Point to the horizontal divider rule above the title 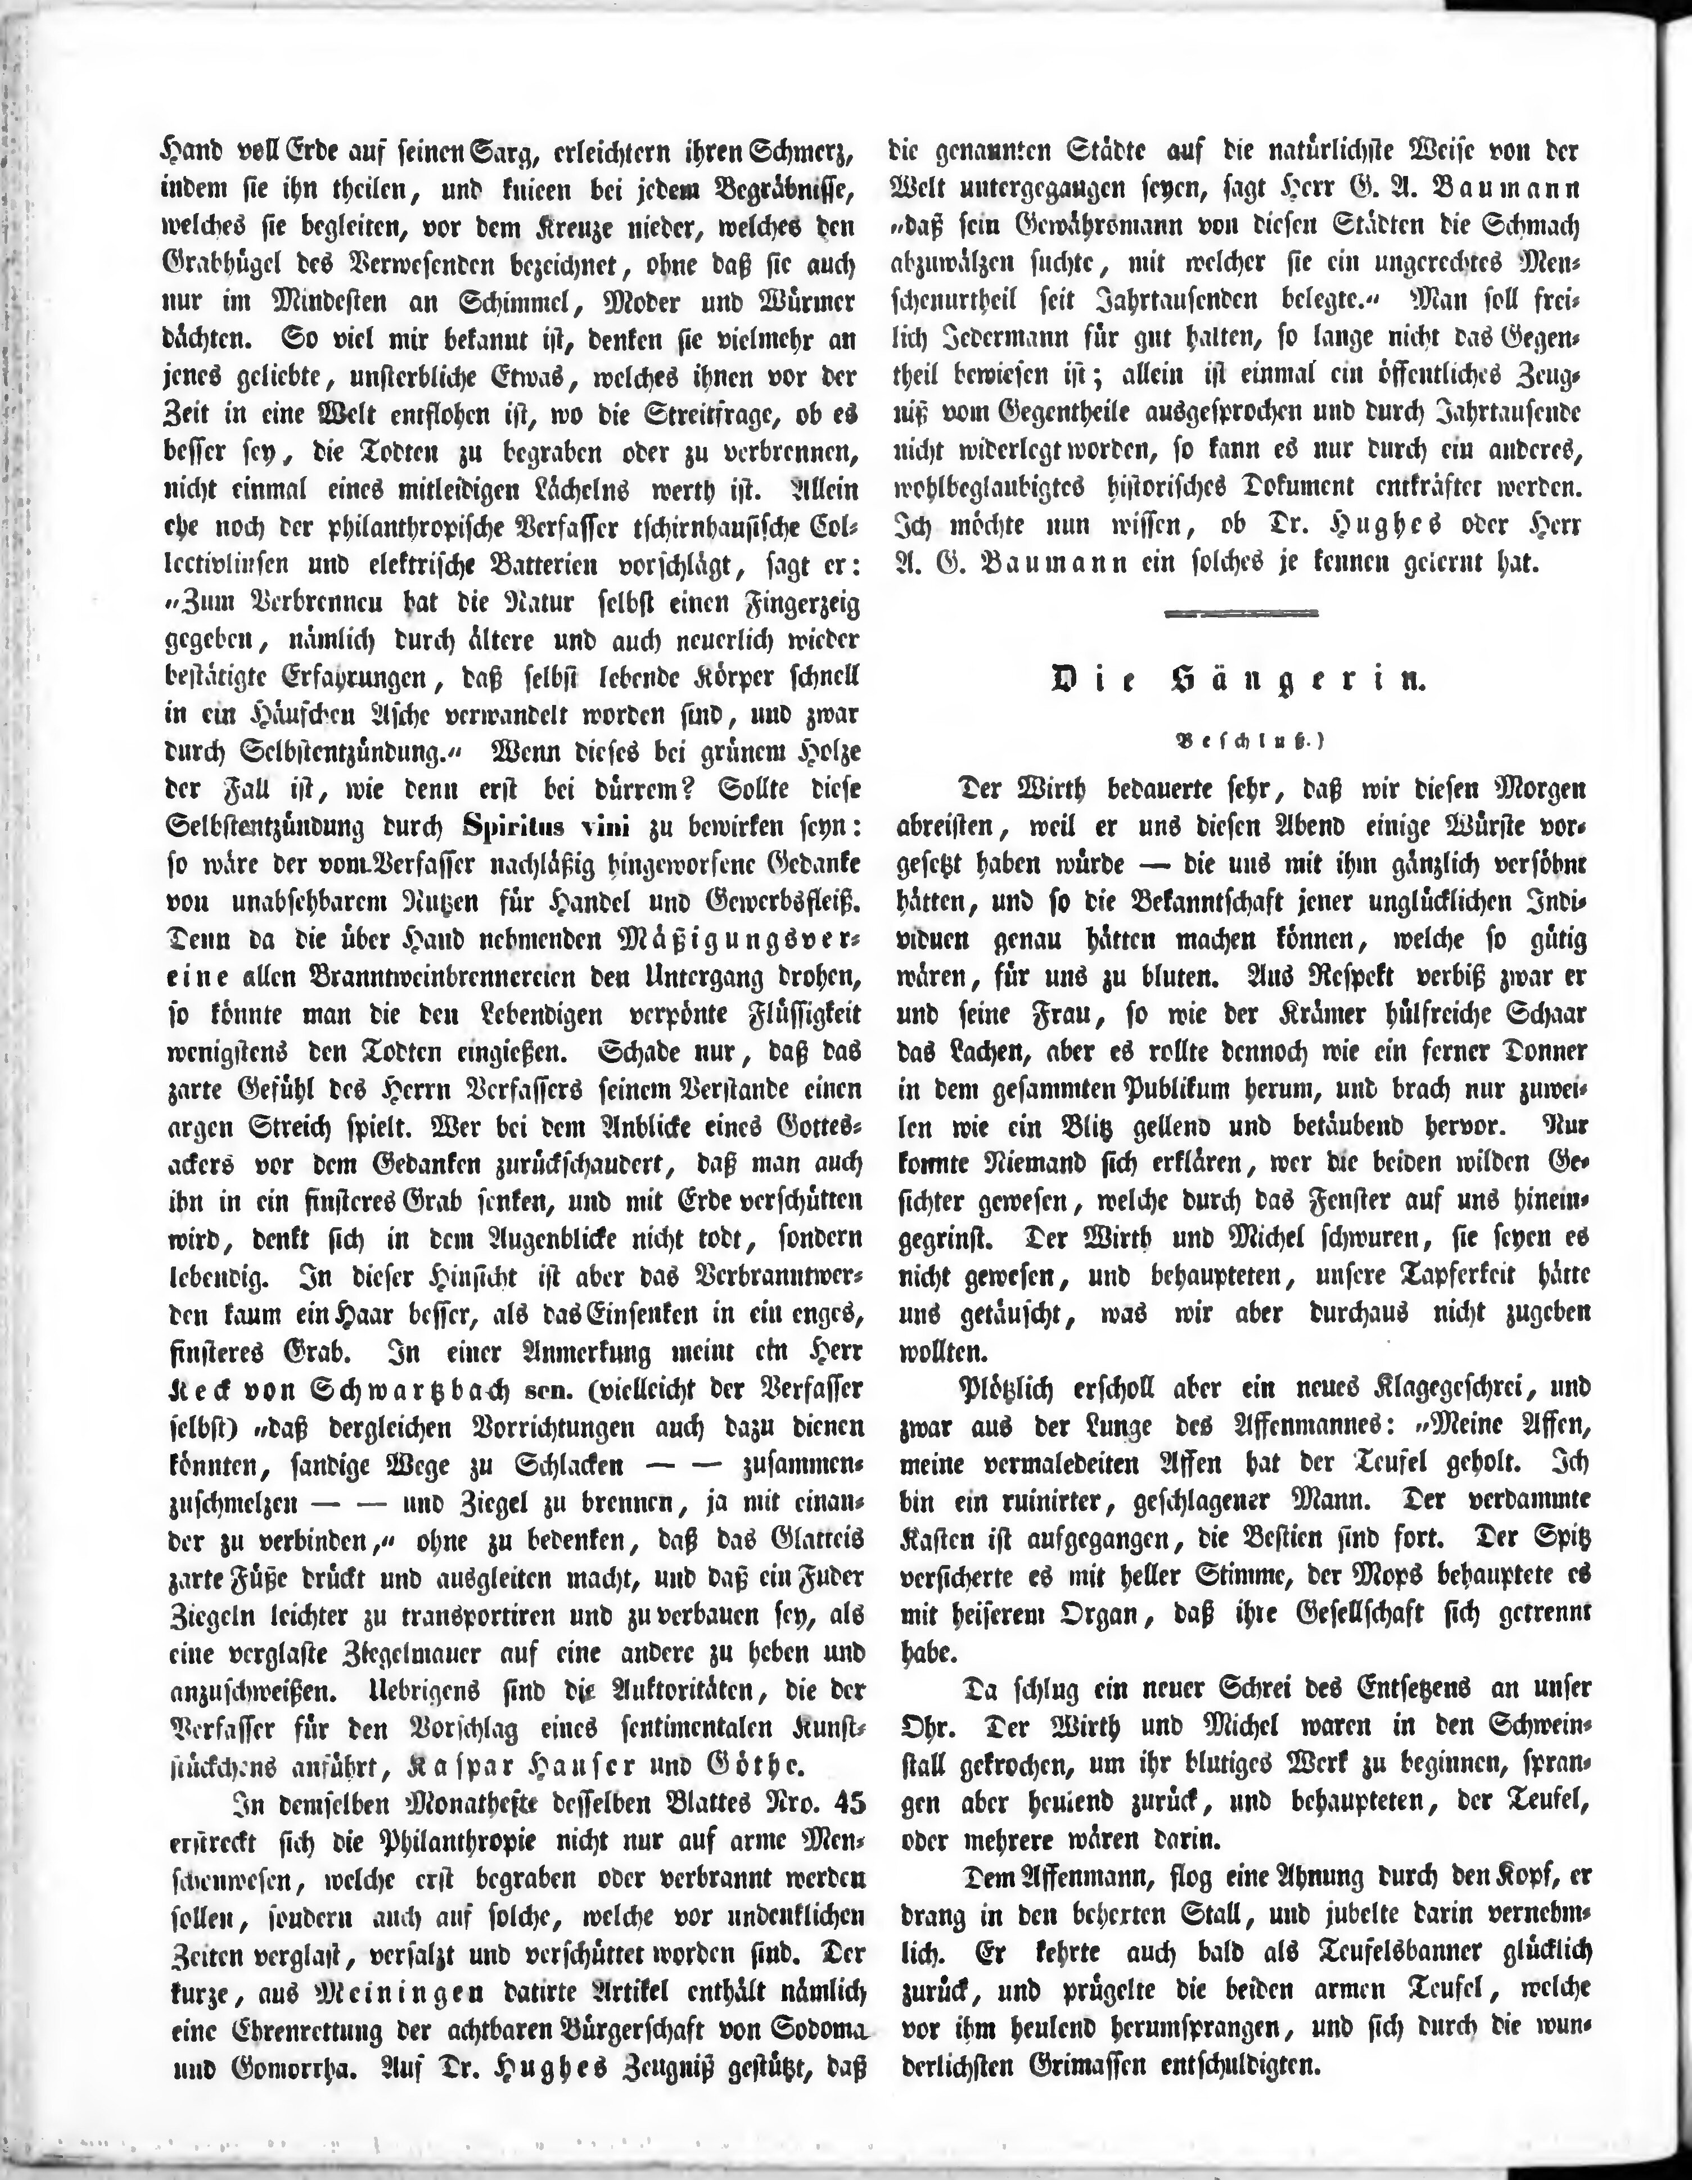[x=1241, y=614]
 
